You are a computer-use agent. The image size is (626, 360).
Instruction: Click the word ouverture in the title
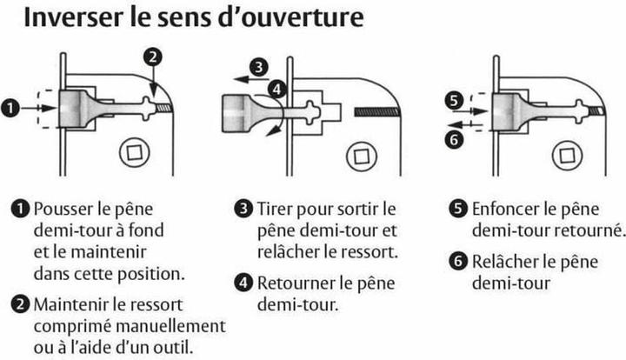pyautogui.click(x=303, y=18)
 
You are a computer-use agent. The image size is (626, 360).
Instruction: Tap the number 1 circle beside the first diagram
pyautogui.click(x=10, y=108)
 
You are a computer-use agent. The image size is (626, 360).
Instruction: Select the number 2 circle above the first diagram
pyautogui.click(x=153, y=57)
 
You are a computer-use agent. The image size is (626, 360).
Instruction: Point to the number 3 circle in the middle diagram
pyautogui.click(x=259, y=67)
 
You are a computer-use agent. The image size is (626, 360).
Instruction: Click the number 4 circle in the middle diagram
pyautogui.click(x=276, y=89)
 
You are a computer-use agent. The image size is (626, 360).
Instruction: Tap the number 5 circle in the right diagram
pyautogui.click(x=455, y=100)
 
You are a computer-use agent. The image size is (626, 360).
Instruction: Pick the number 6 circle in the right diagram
pyautogui.click(x=455, y=139)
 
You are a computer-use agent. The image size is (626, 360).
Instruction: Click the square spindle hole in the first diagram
pyautogui.click(x=135, y=152)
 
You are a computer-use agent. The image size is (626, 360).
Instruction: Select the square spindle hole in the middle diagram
pyautogui.click(x=362, y=156)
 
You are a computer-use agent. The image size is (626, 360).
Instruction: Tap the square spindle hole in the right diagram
pyautogui.click(x=567, y=156)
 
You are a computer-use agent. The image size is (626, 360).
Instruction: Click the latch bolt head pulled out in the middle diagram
pyautogui.click(x=236, y=113)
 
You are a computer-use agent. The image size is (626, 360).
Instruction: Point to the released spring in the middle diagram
pyautogui.click(x=376, y=112)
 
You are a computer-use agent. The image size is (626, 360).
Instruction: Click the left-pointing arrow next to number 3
pyautogui.click(x=250, y=79)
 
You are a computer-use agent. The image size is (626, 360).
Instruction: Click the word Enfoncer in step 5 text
pyautogui.click(x=506, y=209)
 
